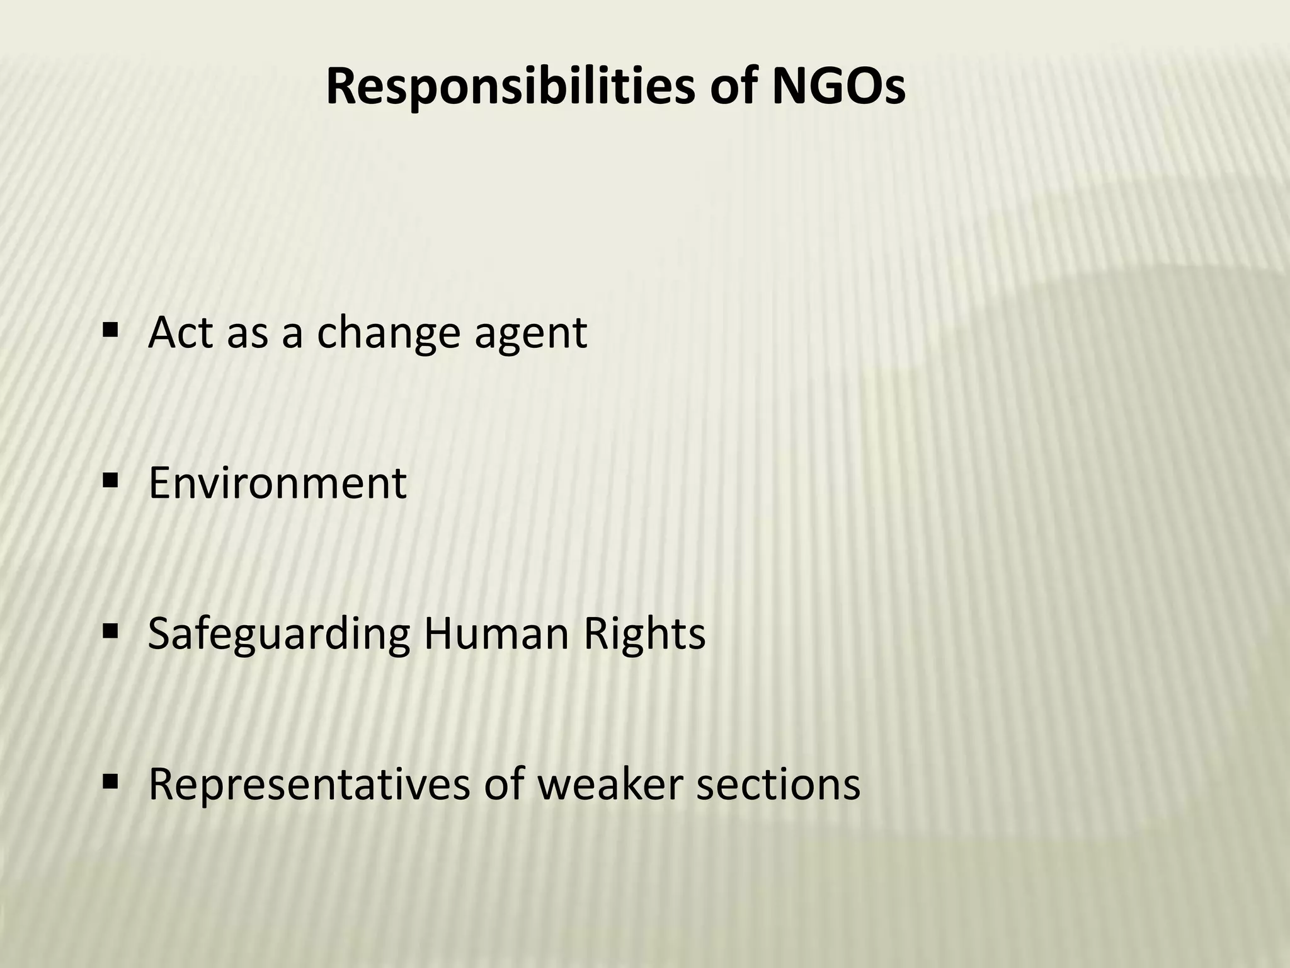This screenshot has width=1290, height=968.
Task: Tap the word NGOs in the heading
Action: point(838,86)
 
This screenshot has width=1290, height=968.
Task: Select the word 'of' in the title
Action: point(734,86)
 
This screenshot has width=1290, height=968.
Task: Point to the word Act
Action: point(181,332)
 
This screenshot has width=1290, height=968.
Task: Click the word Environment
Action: point(277,483)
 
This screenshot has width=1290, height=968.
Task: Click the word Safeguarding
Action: point(278,635)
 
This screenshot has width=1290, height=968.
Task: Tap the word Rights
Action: point(644,635)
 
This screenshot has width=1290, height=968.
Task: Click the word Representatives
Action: point(309,785)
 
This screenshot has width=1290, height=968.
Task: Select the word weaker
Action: point(610,785)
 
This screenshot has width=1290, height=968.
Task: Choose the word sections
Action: point(779,785)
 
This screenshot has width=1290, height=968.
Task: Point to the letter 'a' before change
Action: point(291,334)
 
